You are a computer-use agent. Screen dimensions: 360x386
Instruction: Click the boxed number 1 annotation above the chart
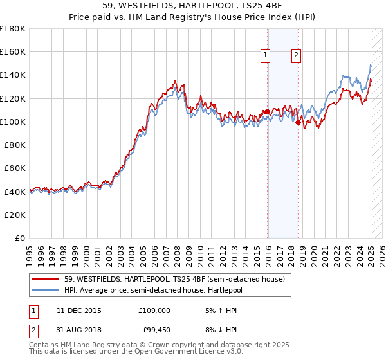(x=265, y=56)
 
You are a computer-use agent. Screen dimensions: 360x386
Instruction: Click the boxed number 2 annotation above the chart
(x=296, y=56)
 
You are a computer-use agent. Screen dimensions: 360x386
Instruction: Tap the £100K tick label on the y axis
(x=13, y=122)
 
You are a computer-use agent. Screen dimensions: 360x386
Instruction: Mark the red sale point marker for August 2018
(x=299, y=123)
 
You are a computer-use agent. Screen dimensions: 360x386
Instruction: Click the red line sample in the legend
(x=46, y=278)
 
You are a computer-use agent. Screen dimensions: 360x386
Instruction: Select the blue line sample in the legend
(x=46, y=290)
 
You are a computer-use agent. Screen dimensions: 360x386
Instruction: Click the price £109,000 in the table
(x=154, y=310)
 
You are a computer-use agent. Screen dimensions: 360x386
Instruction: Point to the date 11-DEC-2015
(x=79, y=310)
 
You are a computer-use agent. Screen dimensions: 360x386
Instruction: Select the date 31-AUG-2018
(x=79, y=331)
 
